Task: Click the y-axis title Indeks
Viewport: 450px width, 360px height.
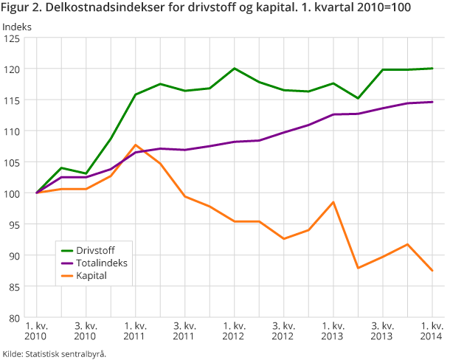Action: [x=17, y=27]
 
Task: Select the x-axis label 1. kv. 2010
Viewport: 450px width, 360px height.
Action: [x=37, y=331]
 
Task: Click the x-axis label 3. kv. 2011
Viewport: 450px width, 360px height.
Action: [x=185, y=331]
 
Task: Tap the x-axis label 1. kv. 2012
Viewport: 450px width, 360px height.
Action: [x=235, y=331]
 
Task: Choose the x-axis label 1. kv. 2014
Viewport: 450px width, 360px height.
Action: [x=432, y=331]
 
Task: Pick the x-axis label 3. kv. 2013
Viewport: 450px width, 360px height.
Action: [x=382, y=331]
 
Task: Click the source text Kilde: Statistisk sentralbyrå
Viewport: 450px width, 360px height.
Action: [x=55, y=354]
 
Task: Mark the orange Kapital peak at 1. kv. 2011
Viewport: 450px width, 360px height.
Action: [x=136, y=145]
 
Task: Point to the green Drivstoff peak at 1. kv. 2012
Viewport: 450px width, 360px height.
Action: [x=235, y=69]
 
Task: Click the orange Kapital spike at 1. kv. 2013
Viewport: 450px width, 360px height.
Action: [x=333, y=202]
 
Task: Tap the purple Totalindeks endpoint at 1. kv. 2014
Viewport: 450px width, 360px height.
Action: [x=432, y=102]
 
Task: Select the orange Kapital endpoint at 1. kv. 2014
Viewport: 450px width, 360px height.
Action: [x=432, y=271]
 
